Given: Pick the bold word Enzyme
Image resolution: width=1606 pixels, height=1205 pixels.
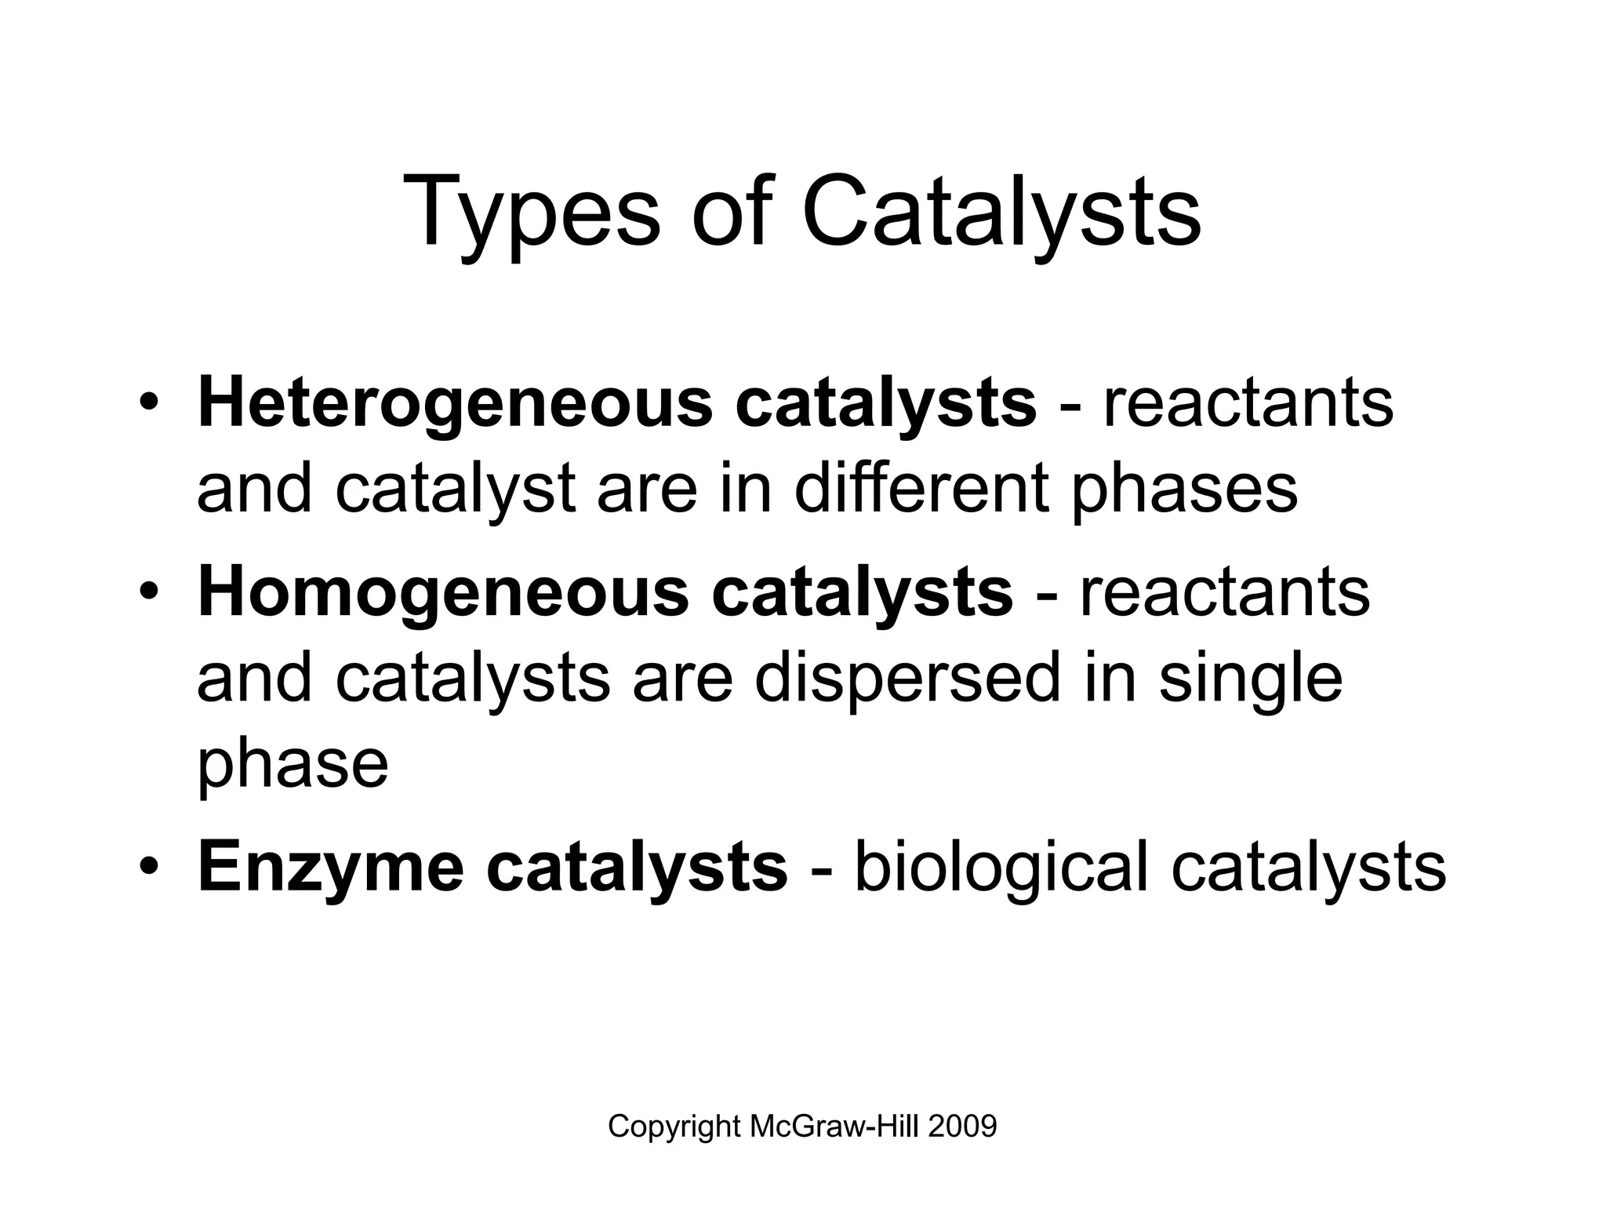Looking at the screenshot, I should pyautogui.click(x=330, y=868).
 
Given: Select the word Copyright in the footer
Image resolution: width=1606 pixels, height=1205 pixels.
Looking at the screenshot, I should pyautogui.click(x=674, y=1127).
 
